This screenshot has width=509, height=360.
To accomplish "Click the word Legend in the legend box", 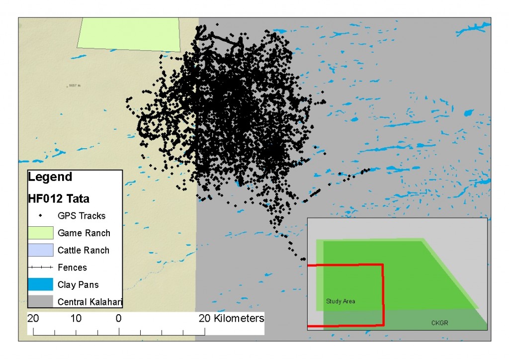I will [50, 177].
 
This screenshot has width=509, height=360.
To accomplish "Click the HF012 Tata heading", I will [59, 199].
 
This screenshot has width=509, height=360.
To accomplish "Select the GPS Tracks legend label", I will [82, 216].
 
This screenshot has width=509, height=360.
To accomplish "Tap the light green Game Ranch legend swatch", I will [40, 233].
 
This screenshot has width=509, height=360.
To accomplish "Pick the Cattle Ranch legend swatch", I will [40, 250].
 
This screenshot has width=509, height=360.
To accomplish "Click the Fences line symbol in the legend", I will [40, 268].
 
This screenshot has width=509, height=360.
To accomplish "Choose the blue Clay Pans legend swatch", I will [40, 284].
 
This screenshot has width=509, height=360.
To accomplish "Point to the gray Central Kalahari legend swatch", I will [40, 302].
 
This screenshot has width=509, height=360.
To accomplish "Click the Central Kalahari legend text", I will [90, 302].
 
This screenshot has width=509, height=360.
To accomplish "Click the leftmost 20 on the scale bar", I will [33, 318].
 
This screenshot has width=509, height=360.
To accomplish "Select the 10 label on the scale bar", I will [76, 318].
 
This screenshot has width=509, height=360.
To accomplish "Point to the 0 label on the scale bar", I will [118, 318].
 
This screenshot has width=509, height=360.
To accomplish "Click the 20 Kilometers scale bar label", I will [232, 318].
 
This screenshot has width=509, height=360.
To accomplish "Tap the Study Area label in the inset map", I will [340, 301].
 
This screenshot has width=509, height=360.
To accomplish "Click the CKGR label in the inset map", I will [440, 323].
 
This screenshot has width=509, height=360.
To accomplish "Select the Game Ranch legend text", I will [84, 233].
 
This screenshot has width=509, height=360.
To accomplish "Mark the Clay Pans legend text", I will [78, 285].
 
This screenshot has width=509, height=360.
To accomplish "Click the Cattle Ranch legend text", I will [84, 250].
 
